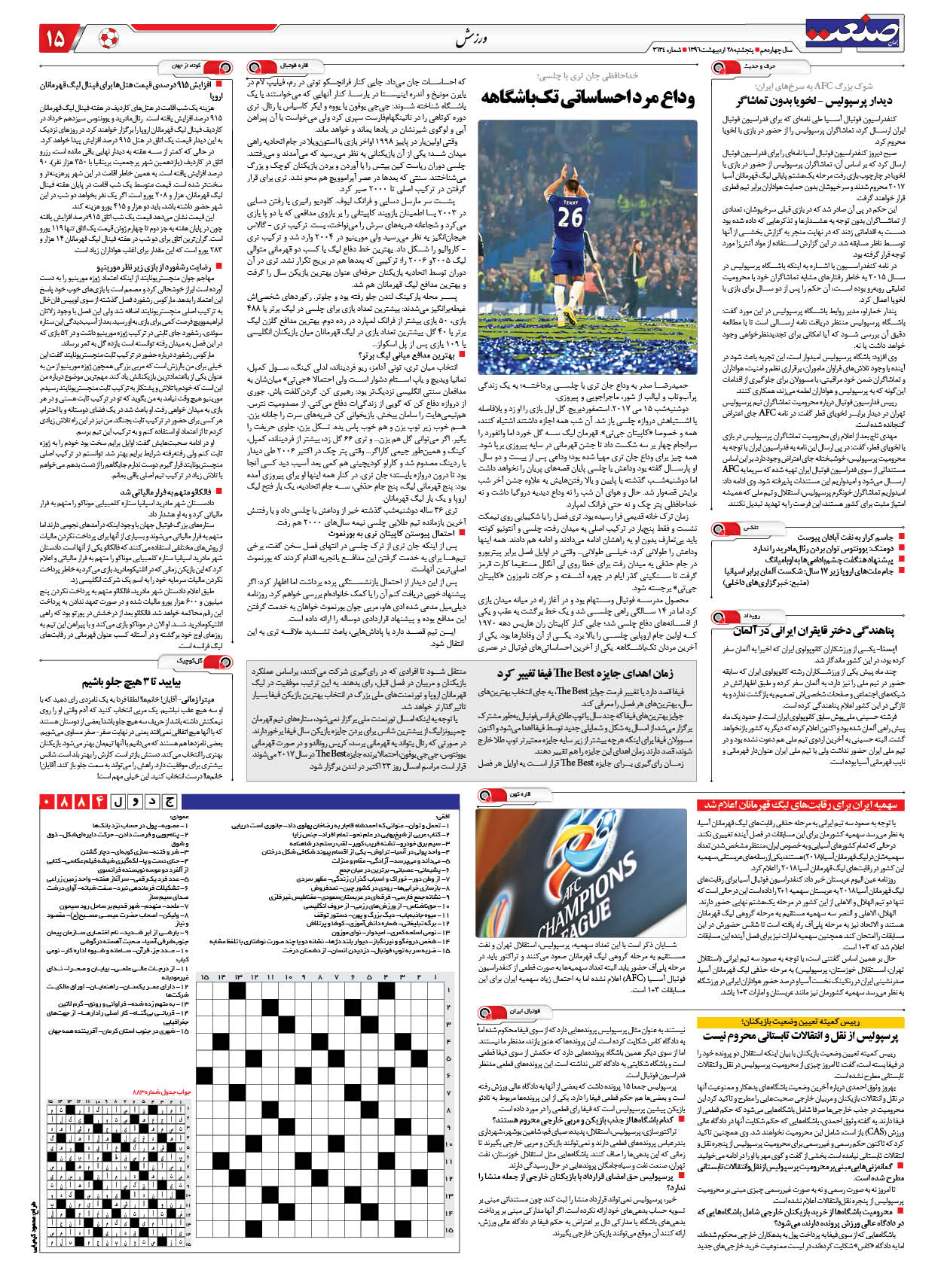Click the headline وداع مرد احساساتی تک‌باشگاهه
[588, 97]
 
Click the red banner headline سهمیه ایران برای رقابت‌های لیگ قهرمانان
[801, 806]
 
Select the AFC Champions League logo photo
[581, 873]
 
